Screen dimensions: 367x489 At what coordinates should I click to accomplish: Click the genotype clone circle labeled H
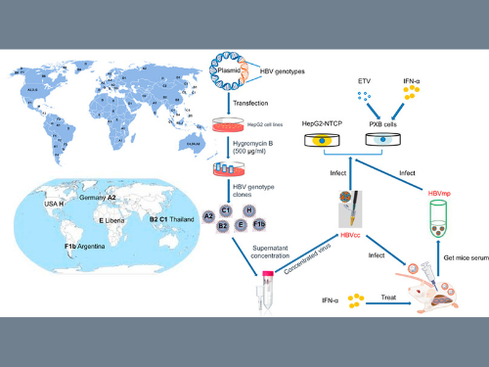[249, 209]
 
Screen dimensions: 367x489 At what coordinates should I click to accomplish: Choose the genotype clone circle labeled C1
[225, 209]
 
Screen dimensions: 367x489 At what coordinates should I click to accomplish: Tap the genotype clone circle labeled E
[240, 224]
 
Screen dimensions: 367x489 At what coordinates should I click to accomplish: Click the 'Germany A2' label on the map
[98, 198]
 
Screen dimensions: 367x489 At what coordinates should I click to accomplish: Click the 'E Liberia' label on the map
[107, 222]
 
